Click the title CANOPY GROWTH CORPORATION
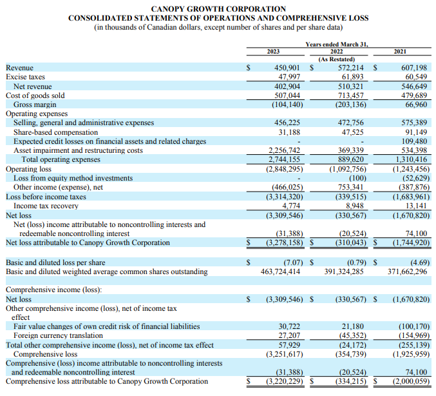(218, 8)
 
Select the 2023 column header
(273, 51)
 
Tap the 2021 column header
(400, 51)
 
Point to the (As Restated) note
(337, 59)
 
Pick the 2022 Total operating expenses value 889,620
(348, 159)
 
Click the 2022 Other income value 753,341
(348, 187)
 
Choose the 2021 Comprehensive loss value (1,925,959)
(409, 354)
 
